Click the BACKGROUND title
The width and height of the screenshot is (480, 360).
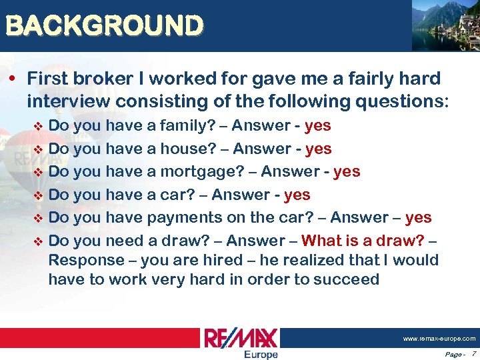coord(103,26)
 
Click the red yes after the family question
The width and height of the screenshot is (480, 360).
coord(317,126)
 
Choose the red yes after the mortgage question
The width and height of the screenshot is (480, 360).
coord(347,171)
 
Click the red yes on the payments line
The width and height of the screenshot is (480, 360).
coord(418,217)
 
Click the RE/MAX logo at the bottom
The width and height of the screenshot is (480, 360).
coord(241,337)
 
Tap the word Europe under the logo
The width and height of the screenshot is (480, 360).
coord(261,354)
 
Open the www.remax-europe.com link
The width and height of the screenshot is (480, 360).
coord(439,339)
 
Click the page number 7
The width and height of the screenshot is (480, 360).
coord(473,353)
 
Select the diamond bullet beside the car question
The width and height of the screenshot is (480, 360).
coord(37,195)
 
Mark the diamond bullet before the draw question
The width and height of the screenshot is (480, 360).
coord(37,241)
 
